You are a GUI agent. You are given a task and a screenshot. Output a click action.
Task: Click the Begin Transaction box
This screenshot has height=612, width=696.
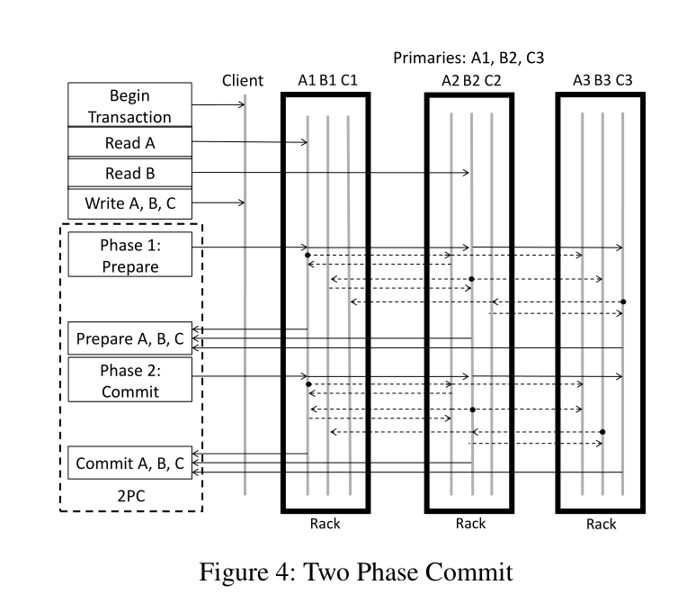click(129, 104)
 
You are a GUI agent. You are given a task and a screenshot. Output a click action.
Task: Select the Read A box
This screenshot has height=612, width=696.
click(129, 142)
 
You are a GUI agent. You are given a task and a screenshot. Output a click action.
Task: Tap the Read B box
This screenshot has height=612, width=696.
click(129, 173)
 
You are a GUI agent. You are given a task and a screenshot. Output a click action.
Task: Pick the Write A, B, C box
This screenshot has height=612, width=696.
click(129, 203)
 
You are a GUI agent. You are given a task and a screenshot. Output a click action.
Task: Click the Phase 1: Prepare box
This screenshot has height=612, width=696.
click(129, 255)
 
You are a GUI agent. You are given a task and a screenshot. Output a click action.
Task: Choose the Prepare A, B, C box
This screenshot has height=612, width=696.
click(129, 338)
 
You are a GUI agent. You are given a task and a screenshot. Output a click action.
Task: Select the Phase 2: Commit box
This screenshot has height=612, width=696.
click(129, 380)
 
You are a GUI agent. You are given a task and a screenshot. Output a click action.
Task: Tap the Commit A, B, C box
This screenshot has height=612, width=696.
click(129, 463)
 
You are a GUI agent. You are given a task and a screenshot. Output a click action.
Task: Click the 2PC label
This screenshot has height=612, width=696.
click(131, 496)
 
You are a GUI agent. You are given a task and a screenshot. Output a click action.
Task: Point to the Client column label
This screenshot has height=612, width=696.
click(243, 80)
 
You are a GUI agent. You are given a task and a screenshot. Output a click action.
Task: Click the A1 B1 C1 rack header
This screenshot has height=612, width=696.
click(327, 80)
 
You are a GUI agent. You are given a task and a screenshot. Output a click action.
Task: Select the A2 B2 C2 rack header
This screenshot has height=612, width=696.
click(471, 80)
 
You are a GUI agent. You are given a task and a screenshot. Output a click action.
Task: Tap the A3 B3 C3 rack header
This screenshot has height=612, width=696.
click(602, 80)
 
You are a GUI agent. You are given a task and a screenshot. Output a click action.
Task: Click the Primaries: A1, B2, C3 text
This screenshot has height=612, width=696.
click(468, 58)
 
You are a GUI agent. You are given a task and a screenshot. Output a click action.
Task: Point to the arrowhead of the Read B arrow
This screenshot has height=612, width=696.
click(468, 172)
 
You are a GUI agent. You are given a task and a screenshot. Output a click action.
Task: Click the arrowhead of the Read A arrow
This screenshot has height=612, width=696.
click(306, 142)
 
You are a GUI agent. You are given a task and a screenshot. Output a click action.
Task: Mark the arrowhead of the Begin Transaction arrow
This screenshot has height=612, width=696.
click(243, 104)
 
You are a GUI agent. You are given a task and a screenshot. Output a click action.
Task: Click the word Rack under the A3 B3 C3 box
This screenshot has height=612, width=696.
click(601, 524)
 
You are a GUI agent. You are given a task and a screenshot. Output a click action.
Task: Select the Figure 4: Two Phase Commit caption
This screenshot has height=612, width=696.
click(356, 571)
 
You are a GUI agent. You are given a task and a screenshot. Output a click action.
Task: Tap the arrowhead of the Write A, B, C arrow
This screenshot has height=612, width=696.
click(243, 202)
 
